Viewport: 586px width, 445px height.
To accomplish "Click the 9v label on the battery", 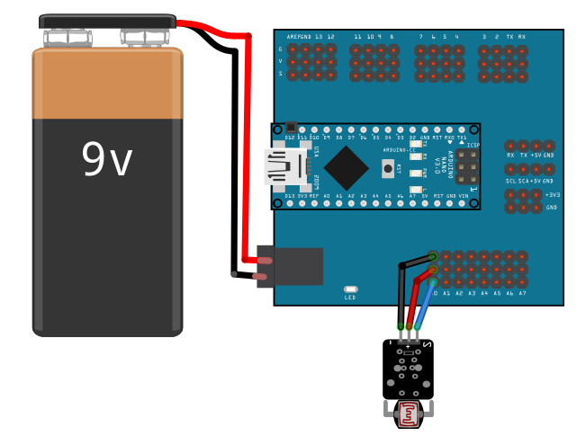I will pyautogui.click(x=106, y=159).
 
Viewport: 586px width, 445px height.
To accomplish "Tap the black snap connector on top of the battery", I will pyautogui.click(x=107, y=21).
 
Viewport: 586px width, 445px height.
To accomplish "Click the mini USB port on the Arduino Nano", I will pyautogui.click(x=284, y=166).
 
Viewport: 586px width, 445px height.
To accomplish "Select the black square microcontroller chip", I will pyautogui.click(x=347, y=166).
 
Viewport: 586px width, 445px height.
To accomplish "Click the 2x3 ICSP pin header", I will pyautogui.click(x=466, y=166).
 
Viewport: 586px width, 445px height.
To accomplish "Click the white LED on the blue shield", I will pyautogui.click(x=350, y=289).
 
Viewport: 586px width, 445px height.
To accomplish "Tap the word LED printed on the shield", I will pyautogui.click(x=350, y=298).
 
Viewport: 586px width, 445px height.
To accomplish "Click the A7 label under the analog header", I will pyautogui.click(x=522, y=293).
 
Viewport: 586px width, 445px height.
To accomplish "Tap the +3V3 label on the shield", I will pyautogui.click(x=552, y=194).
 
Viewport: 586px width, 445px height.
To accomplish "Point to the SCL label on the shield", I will pyautogui.click(x=510, y=181).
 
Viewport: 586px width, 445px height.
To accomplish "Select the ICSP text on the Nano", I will pyautogui.click(x=474, y=145).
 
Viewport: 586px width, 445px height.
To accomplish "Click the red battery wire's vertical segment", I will pyautogui.click(x=246, y=144).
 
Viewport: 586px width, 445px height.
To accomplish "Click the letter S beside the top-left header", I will pyautogui.click(x=280, y=73).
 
